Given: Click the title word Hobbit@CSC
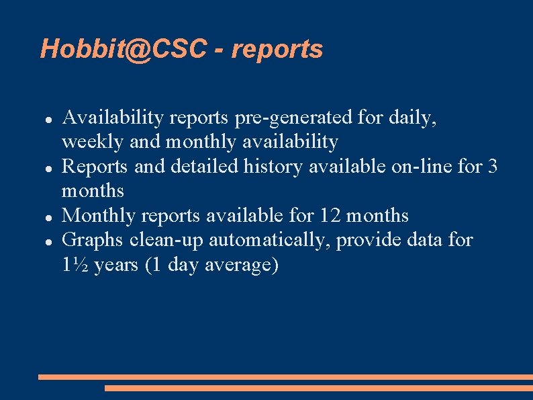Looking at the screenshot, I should point(122,49).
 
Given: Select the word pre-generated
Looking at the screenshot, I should point(293,118).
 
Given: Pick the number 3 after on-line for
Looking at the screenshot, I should point(493,166).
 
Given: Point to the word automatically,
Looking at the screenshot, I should point(272,240).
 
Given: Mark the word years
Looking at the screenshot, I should point(115,265).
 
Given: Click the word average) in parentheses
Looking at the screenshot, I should point(238,265).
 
